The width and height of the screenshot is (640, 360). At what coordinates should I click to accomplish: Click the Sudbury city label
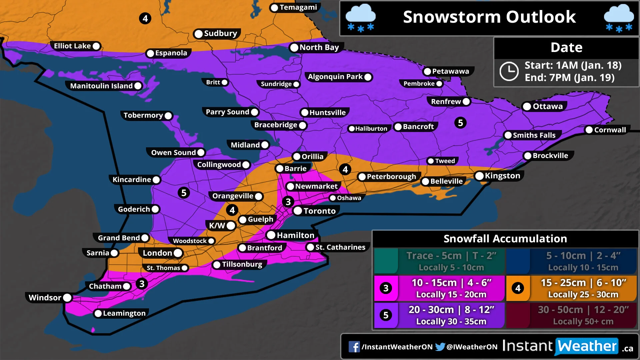[x=220, y=33]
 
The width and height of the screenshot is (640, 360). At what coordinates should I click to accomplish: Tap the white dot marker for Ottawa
[x=527, y=106]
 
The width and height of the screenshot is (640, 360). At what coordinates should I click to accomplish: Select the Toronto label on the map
[x=319, y=211]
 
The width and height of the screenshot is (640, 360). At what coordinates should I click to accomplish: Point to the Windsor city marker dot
[x=67, y=298]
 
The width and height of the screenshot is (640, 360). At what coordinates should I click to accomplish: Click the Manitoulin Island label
[x=101, y=86]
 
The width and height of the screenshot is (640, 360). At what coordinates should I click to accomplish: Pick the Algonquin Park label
[x=335, y=77]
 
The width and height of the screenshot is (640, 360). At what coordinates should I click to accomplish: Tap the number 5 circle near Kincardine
[x=184, y=193]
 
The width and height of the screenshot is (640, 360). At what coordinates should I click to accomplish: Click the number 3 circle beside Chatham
[x=142, y=284]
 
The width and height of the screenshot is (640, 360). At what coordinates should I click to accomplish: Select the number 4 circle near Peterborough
[x=345, y=169]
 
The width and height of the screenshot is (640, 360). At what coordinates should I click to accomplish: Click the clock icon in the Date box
[x=509, y=71]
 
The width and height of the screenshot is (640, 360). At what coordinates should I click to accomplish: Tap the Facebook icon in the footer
[x=354, y=347]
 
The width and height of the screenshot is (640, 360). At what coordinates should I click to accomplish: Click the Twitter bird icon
[x=440, y=347]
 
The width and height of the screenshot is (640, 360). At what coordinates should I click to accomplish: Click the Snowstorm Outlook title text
[x=489, y=17]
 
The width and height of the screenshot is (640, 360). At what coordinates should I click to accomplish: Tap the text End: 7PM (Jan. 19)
[x=569, y=78]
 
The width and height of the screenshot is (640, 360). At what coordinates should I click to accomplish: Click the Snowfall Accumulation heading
[x=505, y=239]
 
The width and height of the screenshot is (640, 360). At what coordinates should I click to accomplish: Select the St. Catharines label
[x=340, y=247]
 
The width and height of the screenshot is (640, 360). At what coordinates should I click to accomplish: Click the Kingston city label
[x=502, y=176]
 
